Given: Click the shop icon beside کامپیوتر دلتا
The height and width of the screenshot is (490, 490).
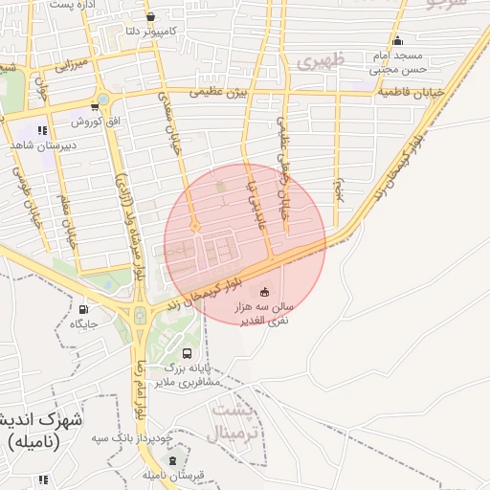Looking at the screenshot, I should (x=150, y=16).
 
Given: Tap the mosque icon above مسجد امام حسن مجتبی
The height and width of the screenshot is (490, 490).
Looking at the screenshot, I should (x=397, y=40).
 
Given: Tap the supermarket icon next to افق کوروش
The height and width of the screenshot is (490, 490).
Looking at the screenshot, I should (x=95, y=106).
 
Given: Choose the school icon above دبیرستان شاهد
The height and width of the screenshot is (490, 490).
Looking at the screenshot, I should (x=41, y=130).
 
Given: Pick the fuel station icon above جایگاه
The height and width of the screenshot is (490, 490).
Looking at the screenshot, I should (x=82, y=309).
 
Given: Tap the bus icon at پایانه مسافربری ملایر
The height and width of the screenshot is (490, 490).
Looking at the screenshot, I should (x=187, y=352).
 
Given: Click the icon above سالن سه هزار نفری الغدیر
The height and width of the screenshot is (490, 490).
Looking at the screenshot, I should (x=265, y=291).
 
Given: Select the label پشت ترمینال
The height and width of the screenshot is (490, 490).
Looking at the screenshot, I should (x=233, y=422).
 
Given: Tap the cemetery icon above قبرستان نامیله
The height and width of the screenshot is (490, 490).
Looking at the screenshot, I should (x=172, y=460).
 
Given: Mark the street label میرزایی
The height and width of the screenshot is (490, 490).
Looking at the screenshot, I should (x=71, y=66).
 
